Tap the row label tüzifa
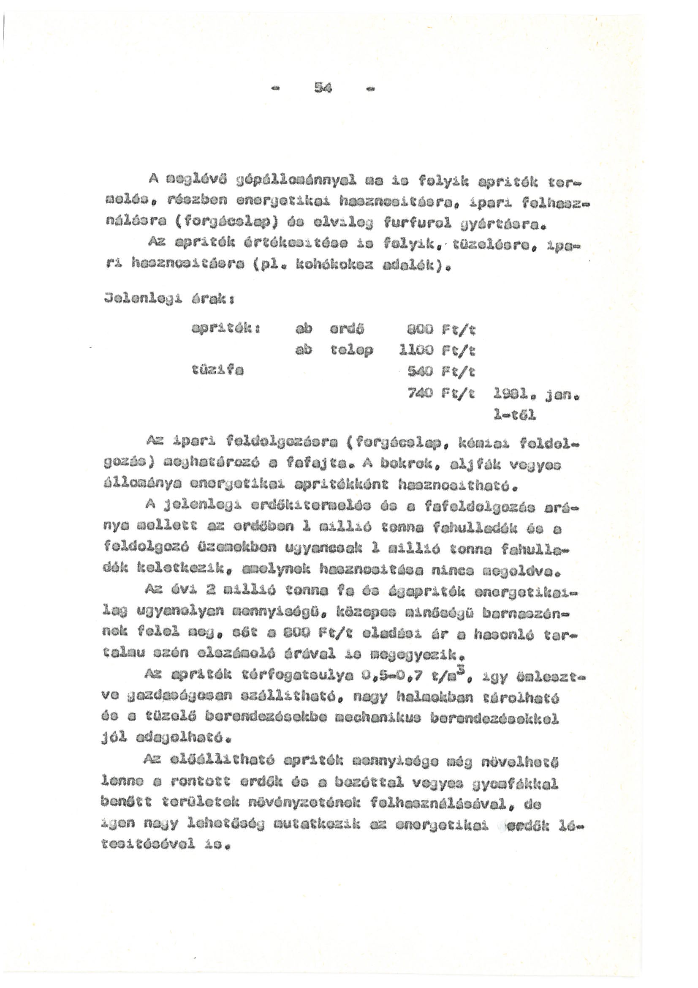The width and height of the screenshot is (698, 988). [217, 371]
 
